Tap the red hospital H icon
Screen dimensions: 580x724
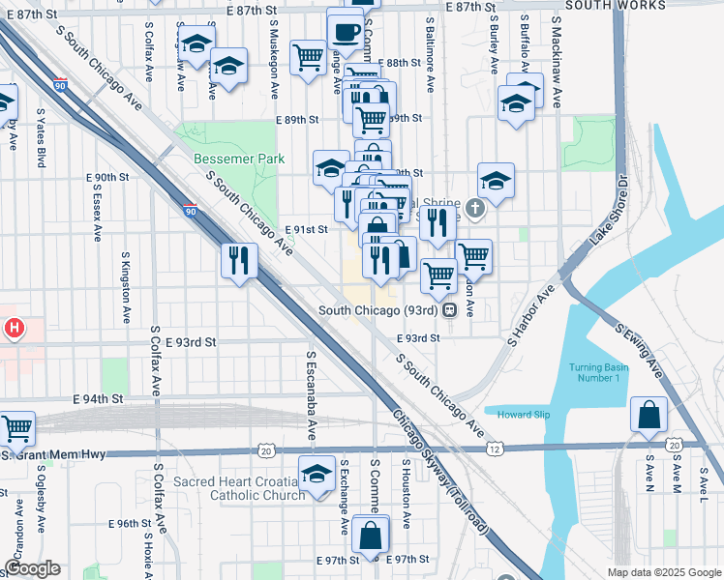[x=14, y=330]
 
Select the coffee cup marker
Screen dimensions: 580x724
[x=346, y=31]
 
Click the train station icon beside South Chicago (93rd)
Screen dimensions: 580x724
[x=450, y=311]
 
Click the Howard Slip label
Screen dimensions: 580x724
[x=523, y=415]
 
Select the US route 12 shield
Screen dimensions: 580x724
[x=495, y=449]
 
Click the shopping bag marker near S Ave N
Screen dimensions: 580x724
[x=649, y=416]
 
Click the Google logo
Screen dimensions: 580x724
[x=31, y=568]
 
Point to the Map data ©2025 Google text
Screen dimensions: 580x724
[x=663, y=572]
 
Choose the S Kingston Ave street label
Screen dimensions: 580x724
[x=126, y=288]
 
